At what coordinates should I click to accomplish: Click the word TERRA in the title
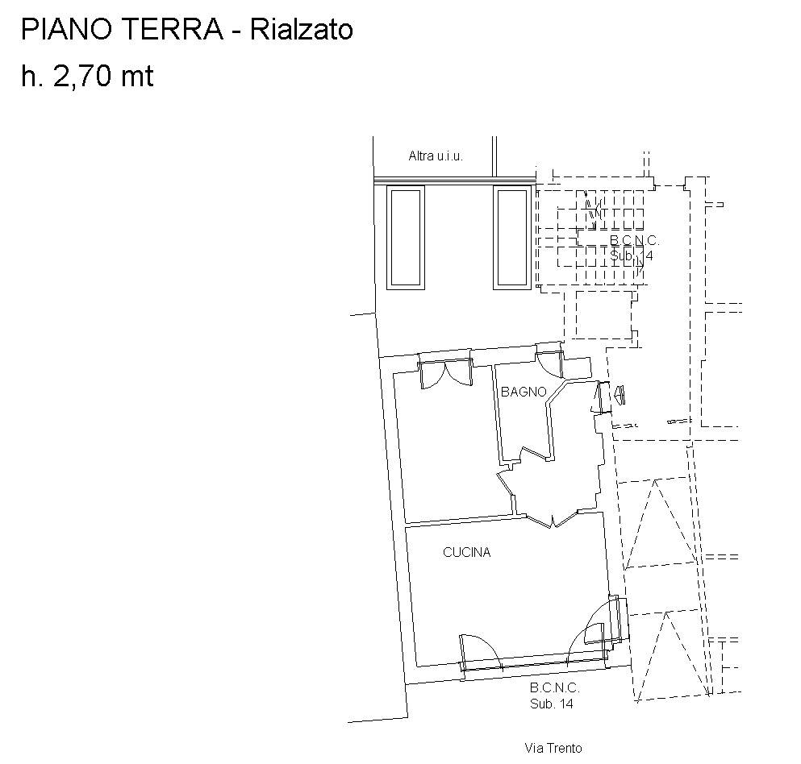(173, 29)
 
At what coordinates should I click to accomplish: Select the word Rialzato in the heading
(302, 29)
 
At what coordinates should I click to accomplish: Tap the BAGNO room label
(524, 392)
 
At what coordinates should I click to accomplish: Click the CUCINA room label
(467, 552)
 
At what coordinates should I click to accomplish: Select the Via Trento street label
(553, 748)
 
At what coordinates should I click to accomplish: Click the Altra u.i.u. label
(436, 156)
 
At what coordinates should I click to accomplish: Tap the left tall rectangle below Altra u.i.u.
(406, 238)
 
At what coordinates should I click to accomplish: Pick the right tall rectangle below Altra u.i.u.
(512, 238)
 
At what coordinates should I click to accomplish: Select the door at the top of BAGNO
(549, 364)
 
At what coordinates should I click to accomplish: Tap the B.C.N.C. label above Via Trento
(554, 688)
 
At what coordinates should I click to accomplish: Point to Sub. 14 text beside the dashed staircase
(632, 255)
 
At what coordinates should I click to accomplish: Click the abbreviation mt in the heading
(137, 77)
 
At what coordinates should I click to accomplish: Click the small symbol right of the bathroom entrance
(620, 396)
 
